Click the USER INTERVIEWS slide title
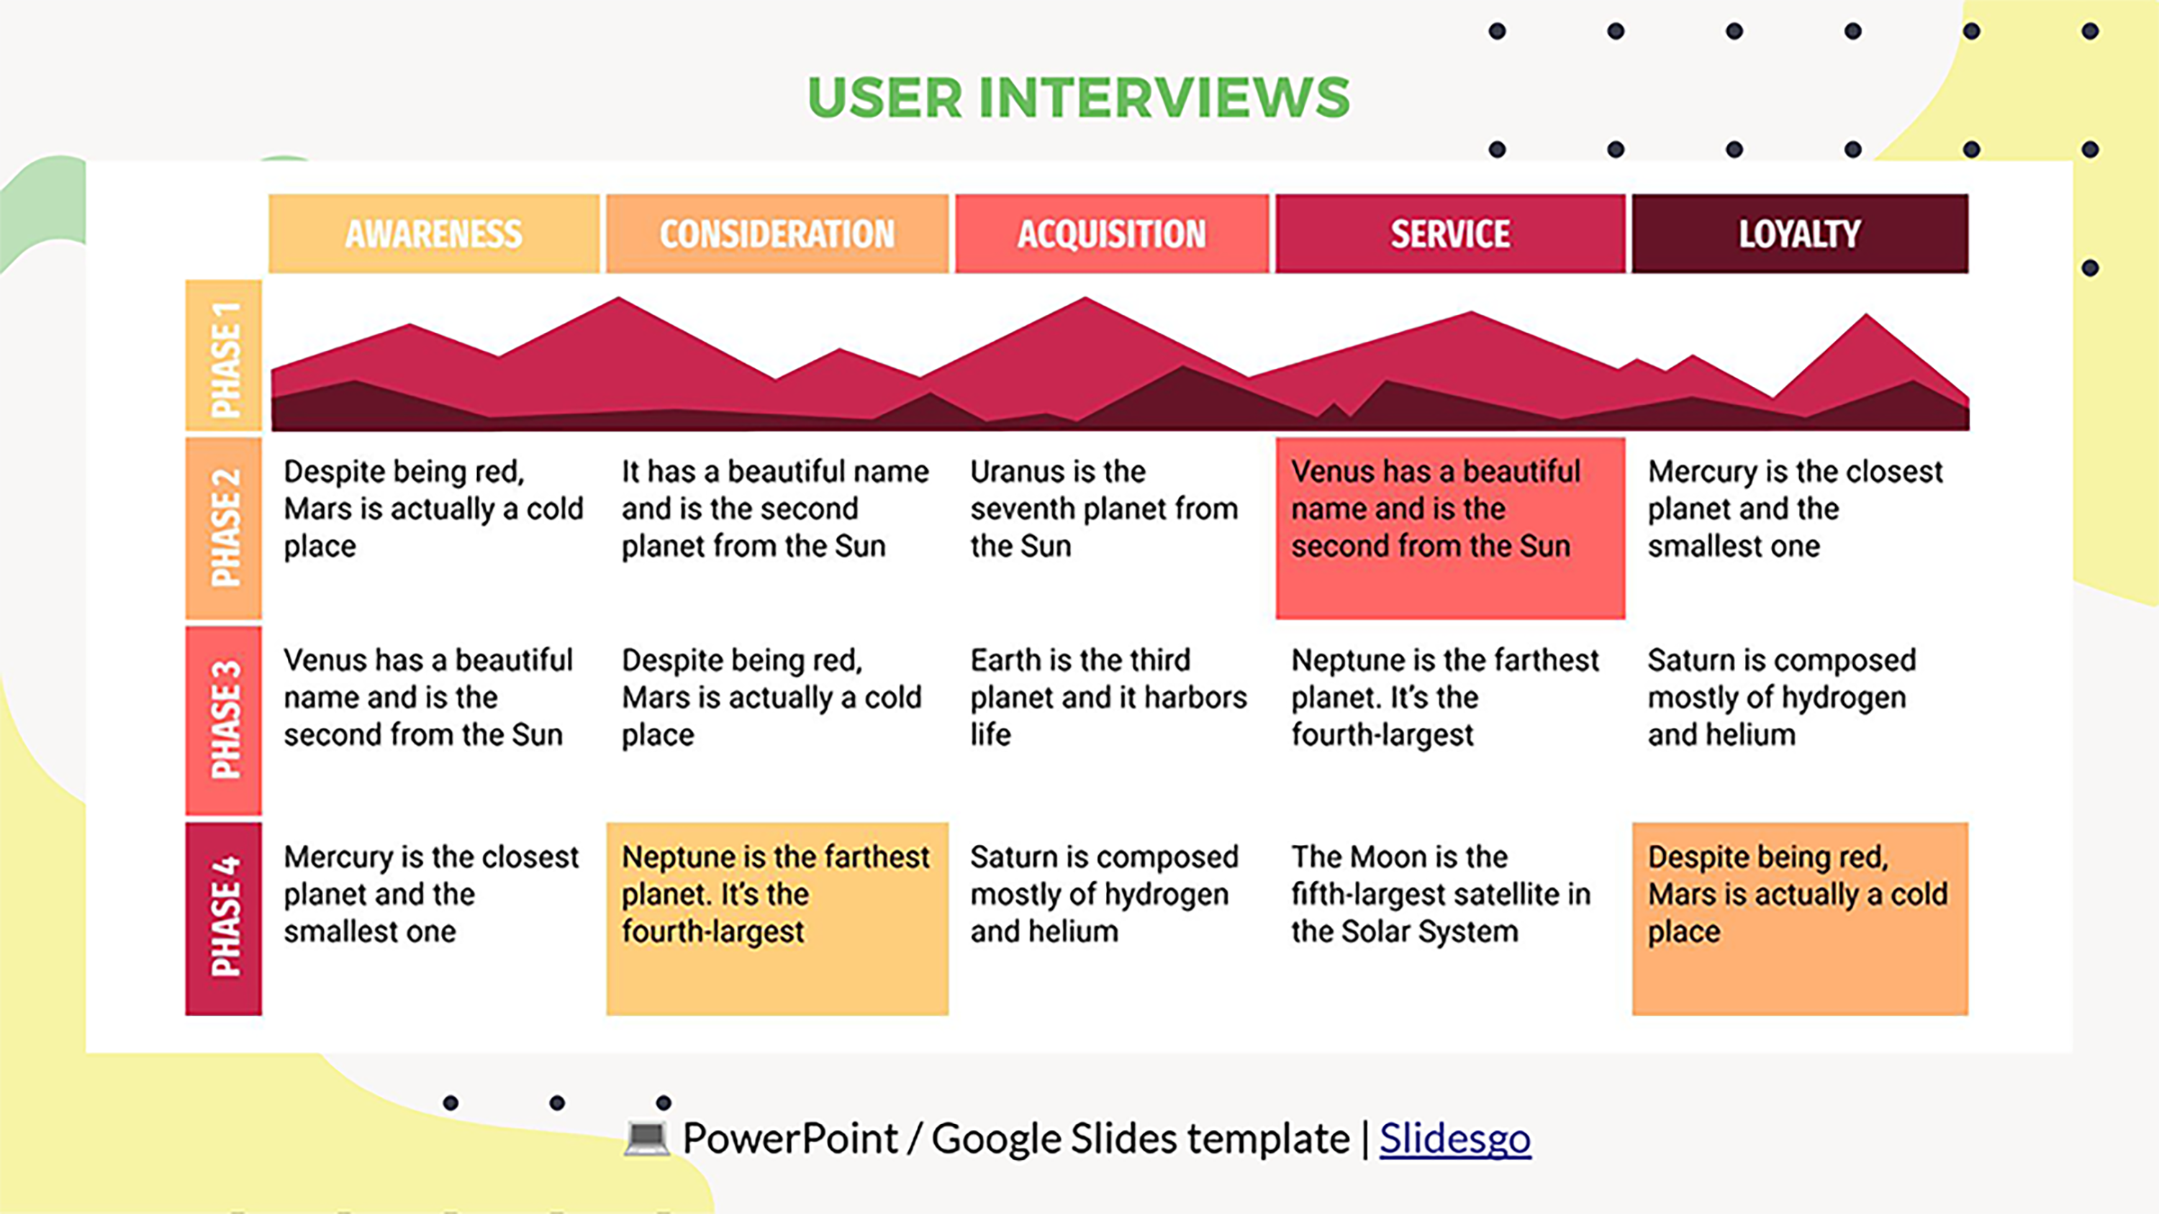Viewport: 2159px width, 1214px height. (x=1079, y=97)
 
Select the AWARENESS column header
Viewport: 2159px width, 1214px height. (x=433, y=234)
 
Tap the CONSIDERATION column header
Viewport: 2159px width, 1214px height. (x=777, y=234)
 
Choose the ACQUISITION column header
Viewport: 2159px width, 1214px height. (x=1111, y=234)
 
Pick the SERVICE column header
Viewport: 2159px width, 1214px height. (x=1450, y=234)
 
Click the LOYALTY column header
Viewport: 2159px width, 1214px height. (x=1799, y=234)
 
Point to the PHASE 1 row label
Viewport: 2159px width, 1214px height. (x=224, y=357)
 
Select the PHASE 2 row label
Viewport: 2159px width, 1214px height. (x=224, y=528)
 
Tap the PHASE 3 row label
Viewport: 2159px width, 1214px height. (x=224, y=721)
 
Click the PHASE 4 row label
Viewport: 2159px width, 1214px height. (x=224, y=918)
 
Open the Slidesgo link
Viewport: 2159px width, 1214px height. (x=1455, y=1138)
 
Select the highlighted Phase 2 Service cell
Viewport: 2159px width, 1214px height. (x=1450, y=529)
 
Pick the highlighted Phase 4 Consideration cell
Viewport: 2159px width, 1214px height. (x=777, y=918)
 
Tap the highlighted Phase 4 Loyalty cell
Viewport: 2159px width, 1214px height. (x=1799, y=918)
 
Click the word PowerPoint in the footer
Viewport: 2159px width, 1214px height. (x=789, y=1138)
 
